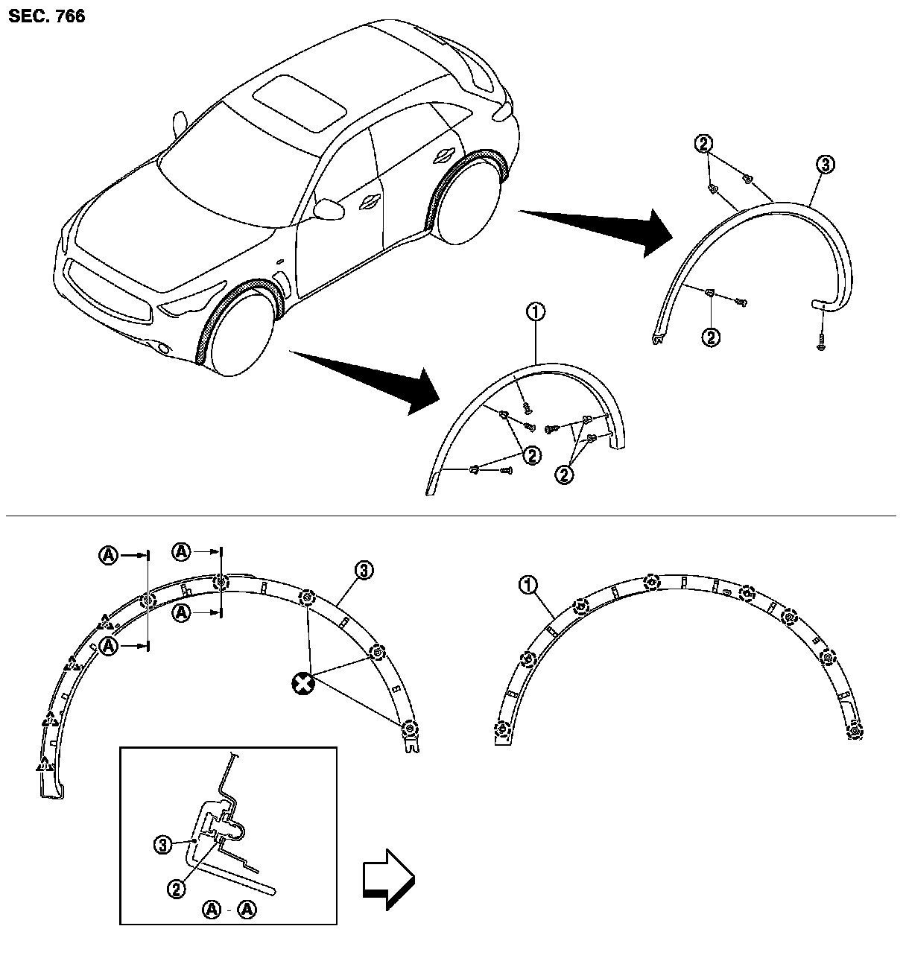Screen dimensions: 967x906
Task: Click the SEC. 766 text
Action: click(x=46, y=16)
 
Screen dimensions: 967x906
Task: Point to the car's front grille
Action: click(x=112, y=291)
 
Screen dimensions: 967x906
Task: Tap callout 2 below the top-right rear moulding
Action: click(x=711, y=337)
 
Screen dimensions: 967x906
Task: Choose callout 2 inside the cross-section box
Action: click(x=176, y=887)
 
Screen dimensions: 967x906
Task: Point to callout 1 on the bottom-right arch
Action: click(x=528, y=586)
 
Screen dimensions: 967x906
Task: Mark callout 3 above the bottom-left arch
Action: click(x=363, y=571)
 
